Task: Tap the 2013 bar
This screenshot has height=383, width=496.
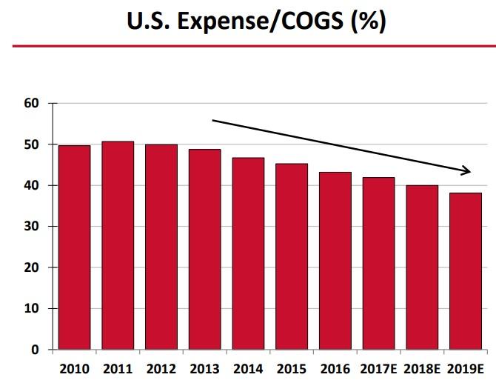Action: click(204, 249)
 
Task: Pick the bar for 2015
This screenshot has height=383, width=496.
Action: click(292, 256)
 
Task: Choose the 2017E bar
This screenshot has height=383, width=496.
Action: click(378, 263)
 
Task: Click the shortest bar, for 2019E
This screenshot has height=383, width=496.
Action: click(466, 270)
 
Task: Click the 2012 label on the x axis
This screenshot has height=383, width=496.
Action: click(161, 368)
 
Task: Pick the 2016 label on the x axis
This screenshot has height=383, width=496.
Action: click(335, 368)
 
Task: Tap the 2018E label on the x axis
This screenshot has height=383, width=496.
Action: click(422, 368)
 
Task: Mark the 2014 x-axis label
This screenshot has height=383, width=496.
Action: click(248, 368)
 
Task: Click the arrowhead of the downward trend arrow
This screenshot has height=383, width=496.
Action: click(466, 172)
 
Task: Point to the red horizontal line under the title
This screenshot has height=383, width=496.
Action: click(248, 46)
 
